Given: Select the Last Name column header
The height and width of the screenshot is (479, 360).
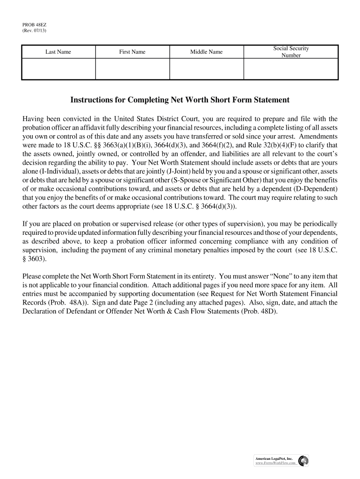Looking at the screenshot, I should click(x=58, y=52).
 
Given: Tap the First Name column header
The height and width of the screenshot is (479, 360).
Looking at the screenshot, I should click(x=132, y=52).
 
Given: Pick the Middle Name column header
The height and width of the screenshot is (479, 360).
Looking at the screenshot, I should click(x=206, y=52).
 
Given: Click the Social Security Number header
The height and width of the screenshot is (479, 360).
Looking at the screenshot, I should click(x=291, y=52).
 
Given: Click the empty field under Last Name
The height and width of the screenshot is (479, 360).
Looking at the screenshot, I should click(x=58, y=69).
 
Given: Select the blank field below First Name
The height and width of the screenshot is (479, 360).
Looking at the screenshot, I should click(x=132, y=69).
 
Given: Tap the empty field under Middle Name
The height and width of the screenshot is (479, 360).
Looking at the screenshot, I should click(x=206, y=69).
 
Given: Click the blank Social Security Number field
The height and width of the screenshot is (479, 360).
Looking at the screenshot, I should click(x=291, y=69).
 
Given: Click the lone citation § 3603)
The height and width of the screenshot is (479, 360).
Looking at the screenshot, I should click(x=35, y=259).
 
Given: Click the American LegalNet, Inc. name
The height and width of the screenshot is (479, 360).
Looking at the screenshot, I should click(x=274, y=459).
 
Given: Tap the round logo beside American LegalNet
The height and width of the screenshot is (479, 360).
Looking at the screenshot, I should click(x=303, y=461).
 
